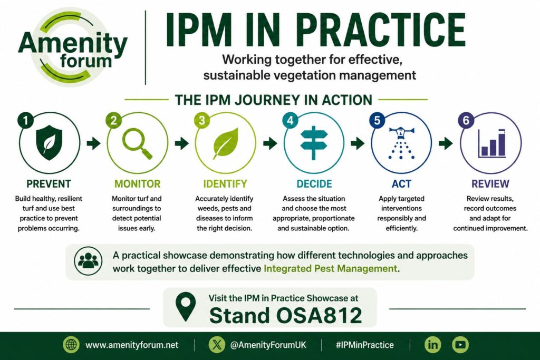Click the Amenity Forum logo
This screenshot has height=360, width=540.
73,46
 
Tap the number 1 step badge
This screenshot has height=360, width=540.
25,120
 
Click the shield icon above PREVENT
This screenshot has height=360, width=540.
49,142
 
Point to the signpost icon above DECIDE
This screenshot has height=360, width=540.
314,143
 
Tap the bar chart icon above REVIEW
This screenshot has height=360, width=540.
492,143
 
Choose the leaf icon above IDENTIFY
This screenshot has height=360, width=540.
226,143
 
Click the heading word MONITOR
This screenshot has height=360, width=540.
138,184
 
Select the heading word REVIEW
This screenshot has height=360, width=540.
490,184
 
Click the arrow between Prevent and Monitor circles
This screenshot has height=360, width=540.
93,143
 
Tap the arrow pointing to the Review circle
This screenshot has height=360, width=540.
446,143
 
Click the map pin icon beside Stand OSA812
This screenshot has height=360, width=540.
185,306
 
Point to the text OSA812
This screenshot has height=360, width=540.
319,315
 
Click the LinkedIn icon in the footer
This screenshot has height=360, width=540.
433,345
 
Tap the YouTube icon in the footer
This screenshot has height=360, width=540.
460,345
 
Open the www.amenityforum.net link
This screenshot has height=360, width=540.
132,345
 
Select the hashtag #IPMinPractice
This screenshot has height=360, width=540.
365,345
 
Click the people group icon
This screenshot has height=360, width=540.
88,260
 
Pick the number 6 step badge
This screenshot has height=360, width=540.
466,120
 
